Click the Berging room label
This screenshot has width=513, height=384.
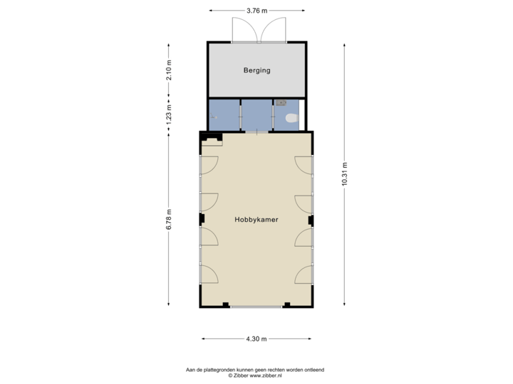click(x=256, y=71)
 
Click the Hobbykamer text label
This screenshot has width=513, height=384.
click(x=256, y=220)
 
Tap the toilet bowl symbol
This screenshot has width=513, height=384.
click(x=290, y=119)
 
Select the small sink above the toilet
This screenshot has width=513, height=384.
click(x=291, y=103)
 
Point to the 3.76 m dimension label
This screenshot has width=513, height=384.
click(x=256, y=11)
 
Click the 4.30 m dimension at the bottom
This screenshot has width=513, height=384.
click(x=256, y=339)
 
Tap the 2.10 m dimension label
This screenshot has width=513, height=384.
click(x=169, y=70)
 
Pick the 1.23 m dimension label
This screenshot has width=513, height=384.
click(x=169, y=115)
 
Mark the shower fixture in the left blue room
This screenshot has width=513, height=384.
click(x=213, y=116)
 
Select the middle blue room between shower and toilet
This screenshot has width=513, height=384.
click(x=256, y=115)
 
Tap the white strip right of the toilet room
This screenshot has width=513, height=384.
click(x=302, y=115)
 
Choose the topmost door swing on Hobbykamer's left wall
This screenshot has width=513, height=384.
click(x=209, y=165)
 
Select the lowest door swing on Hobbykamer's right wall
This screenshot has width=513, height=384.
click(x=304, y=274)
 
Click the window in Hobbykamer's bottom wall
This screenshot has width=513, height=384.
click(x=256, y=306)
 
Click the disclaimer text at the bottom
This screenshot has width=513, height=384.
click(x=256, y=371)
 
